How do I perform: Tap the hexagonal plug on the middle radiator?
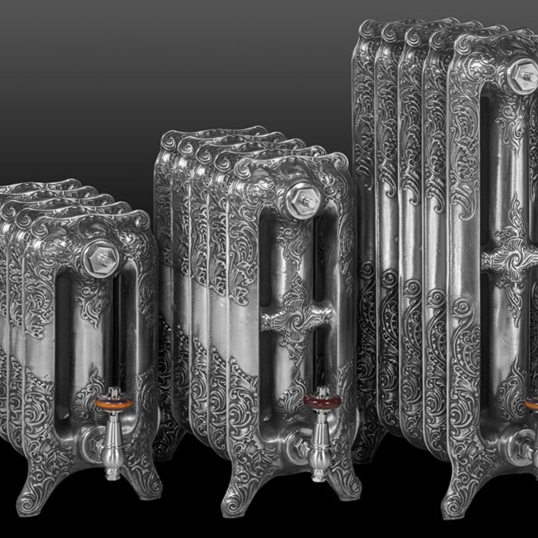[303, 201]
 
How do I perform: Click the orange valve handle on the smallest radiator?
[115, 402]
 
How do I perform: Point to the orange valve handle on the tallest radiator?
[533, 403]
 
